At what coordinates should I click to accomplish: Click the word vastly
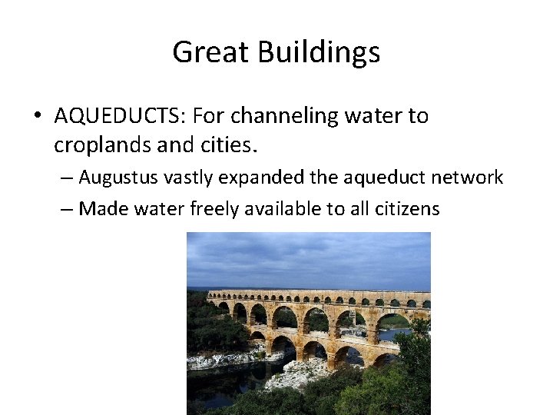pyautogui.click(x=181, y=178)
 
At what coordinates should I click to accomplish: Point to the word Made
pyautogui.click(x=98, y=208)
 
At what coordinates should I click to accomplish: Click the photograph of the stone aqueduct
pyautogui.click(x=308, y=323)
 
